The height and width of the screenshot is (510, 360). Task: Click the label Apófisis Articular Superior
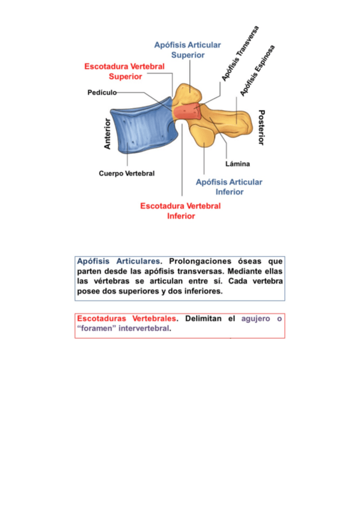pyautogui.click(x=188, y=50)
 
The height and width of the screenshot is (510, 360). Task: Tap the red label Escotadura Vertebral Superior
pyautogui.click(x=124, y=71)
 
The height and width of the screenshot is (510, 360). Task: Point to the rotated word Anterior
pyautogui.click(x=108, y=134)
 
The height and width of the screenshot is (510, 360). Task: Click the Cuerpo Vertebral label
pyautogui.click(x=127, y=173)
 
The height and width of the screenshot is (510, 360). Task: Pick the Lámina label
pyautogui.click(x=237, y=164)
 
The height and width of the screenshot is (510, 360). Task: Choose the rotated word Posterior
pyautogui.click(x=261, y=127)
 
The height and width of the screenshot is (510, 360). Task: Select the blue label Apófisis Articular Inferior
pyautogui.click(x=229, y=186)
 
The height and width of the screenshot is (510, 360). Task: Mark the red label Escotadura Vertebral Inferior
pyautogui.click(x=180, y=210)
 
